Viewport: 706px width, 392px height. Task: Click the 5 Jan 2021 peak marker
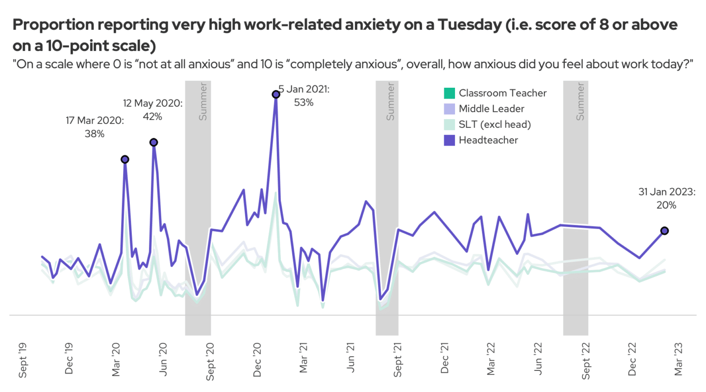[276, 94]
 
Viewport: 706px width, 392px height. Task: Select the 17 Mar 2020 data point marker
[125, 159]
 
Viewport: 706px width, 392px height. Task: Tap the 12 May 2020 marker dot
[153, 142]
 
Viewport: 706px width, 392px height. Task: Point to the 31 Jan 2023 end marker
[665, 231]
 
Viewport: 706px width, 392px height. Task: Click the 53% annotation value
[303, 102]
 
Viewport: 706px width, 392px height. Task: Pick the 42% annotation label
[152, 117]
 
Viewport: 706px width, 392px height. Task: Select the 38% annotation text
[95, 133]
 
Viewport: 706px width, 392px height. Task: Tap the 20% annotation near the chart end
[666, 205]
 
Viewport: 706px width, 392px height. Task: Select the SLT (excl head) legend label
[495, 124]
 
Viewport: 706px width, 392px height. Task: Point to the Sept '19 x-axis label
[23, 360]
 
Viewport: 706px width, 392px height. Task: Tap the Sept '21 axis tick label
[398, 360]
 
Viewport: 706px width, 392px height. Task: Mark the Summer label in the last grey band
[581, 101]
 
